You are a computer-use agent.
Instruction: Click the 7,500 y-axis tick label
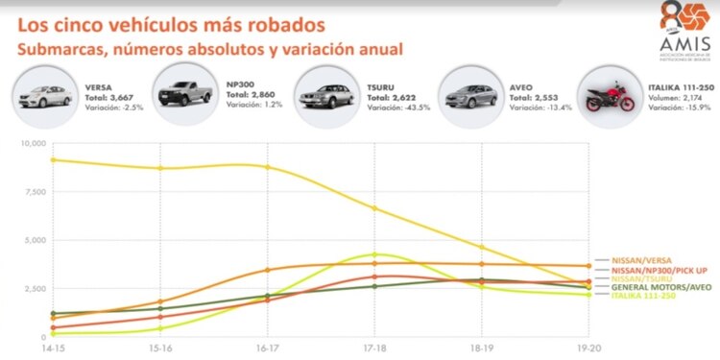[x=31, y=191]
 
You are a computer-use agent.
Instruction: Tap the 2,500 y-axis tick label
[x=31, y=288]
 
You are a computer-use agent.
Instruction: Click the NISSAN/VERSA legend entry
[x=642, y=259]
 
